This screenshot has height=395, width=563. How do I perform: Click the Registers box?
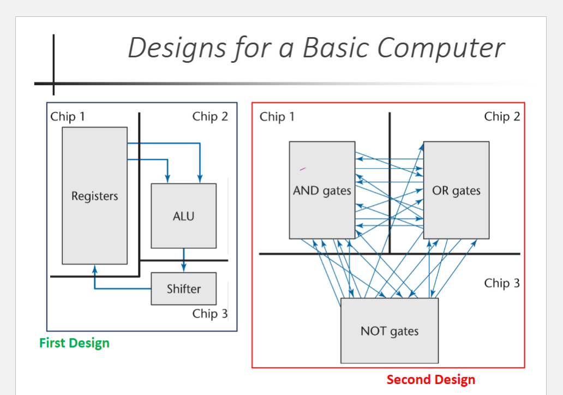click(94, 195)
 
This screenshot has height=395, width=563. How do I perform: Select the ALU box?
click(183, 216)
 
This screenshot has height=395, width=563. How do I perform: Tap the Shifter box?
click(183, 289)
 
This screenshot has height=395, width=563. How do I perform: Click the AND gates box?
click(322, 191)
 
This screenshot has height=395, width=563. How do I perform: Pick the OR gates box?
click(456, 191)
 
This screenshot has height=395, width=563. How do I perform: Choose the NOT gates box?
click(390, 331)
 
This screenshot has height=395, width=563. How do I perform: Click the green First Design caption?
click(74, 343)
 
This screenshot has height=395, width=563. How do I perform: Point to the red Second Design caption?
click(430, 380)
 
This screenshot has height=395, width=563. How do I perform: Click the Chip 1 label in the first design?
click(68, 117)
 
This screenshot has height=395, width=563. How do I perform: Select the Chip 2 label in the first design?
click(210, 117)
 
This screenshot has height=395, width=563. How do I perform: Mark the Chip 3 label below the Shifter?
click(210, 314)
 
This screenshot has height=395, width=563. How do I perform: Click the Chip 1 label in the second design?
click(277, 117)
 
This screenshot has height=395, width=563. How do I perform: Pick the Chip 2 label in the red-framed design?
click(502, 117)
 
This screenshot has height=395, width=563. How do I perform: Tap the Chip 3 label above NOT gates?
click(502, 283)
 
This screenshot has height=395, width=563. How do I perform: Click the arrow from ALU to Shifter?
click(183, 260)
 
